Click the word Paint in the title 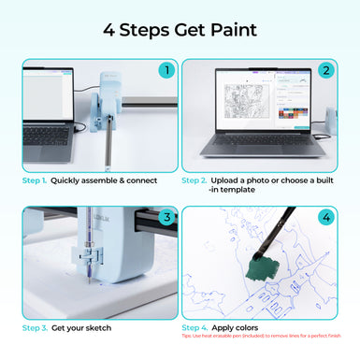coord(228,30)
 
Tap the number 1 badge coord(166,69)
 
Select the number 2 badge coord(325,69)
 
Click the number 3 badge coord(166,218)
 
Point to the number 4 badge coord(325,218)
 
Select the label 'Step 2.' coord(194,180)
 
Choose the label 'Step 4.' coord(194,327)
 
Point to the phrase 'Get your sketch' coord(81,329)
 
